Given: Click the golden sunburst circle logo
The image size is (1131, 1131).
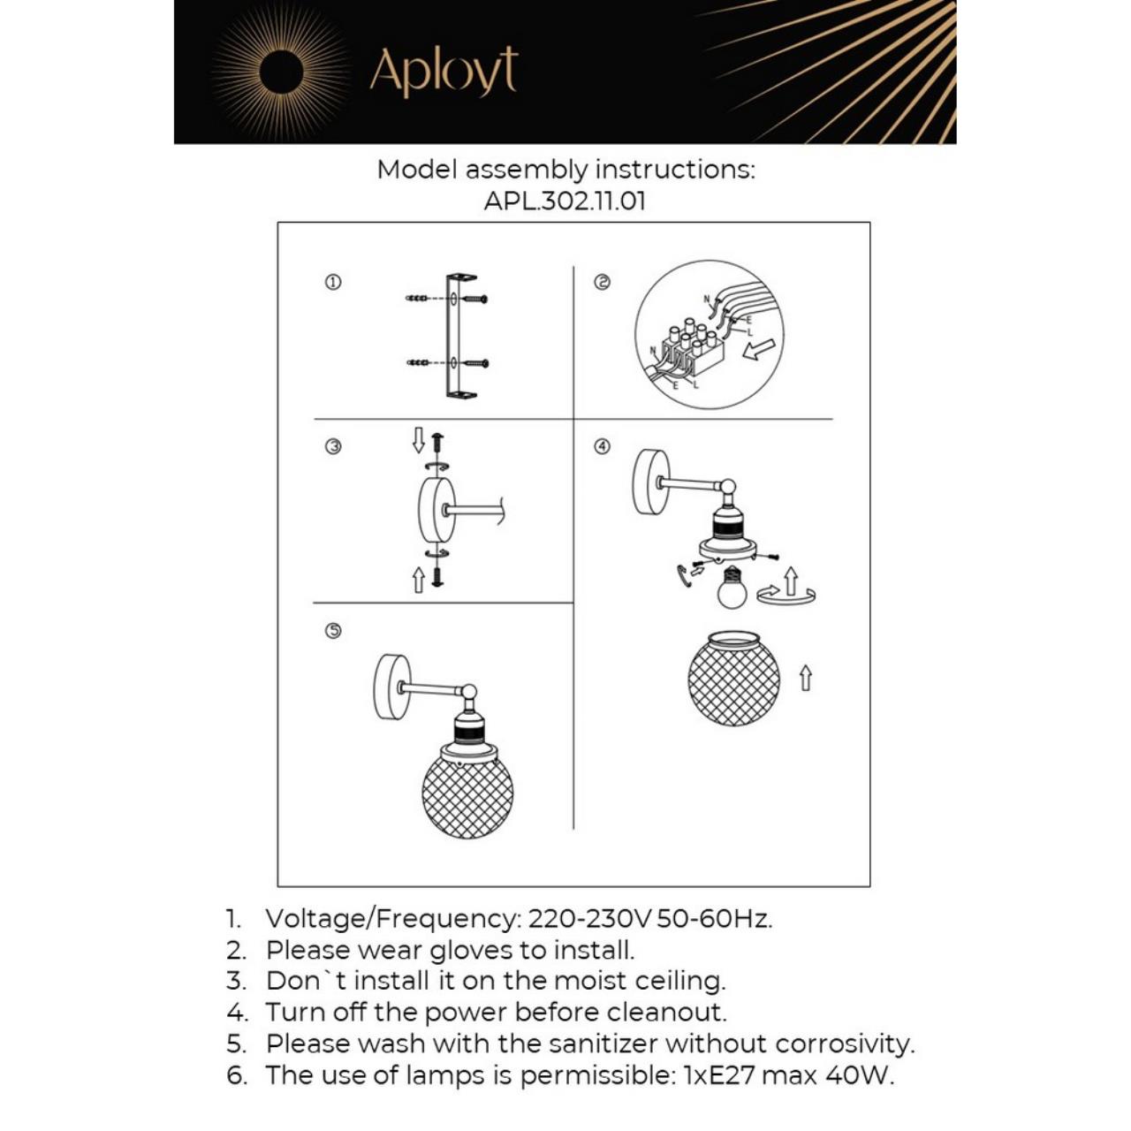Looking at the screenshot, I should point(281,72).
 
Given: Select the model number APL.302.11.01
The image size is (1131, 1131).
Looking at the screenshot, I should point(565,201).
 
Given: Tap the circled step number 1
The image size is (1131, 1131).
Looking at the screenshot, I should point(333,283).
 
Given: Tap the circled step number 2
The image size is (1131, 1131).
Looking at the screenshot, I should point(602,283).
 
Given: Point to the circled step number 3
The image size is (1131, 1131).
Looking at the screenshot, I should point(333,447).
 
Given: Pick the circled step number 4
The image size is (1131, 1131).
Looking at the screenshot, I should point(602,447).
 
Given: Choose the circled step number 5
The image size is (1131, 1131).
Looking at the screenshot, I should point(333,631).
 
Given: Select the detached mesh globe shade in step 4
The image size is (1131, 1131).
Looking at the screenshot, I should point(733,679).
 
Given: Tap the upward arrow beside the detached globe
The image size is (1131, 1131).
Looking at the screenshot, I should point(805,678).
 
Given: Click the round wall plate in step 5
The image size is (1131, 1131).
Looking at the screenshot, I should point(391,687).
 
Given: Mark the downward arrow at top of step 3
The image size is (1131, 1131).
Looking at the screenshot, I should point(419,440).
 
